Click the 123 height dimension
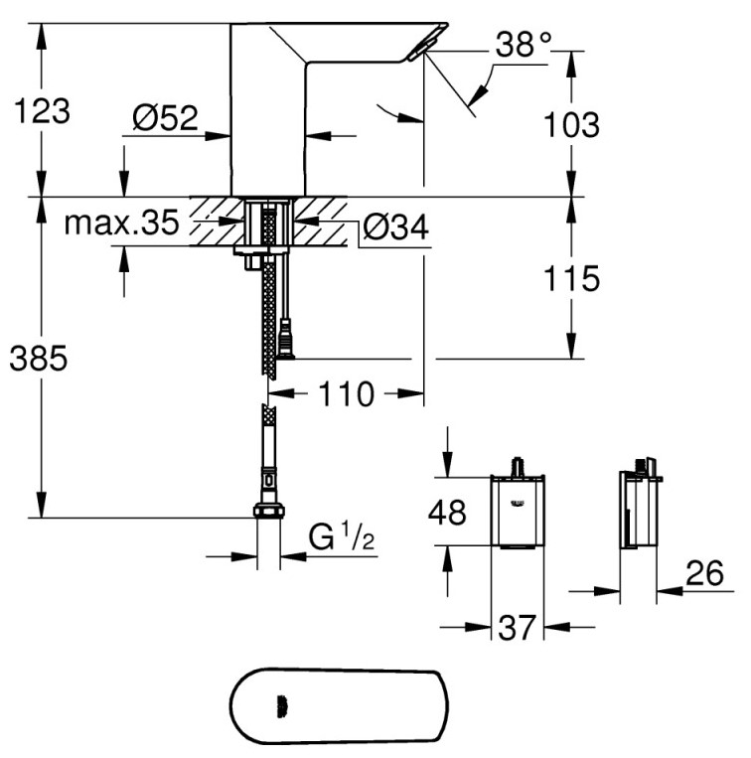(x=42, y=111)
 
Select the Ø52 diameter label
(x=165, y=117)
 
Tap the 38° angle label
(x=524, y=45)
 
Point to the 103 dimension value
(x=571, y=125)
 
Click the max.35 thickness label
(x=121, y=223)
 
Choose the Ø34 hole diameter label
(x=395, y=227)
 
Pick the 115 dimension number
(x=571, y=278)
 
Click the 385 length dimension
(x=39, y=359)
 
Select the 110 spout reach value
(x=346, y=394)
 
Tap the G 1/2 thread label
(x=341, y=536)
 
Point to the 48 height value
(x=447, y=513)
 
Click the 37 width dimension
(x=517, y=628)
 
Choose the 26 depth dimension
(x=705, y=573)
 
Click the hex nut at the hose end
(x=268, y=511)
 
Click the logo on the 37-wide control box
(x=517, y=505)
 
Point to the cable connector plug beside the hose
(x=286, y=339)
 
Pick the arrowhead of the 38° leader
(x=477, y=94)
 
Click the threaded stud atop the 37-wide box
(x=519, y=466)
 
